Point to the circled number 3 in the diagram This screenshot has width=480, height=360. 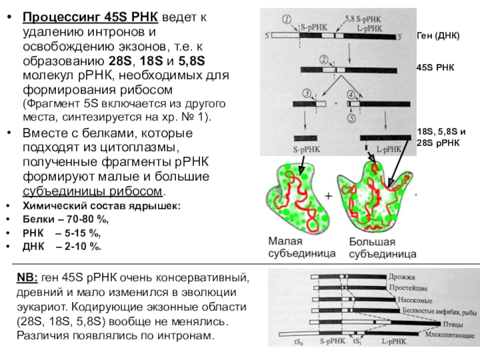(x=307, y=93)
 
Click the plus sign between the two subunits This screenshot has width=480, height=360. (x=329, y=196)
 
